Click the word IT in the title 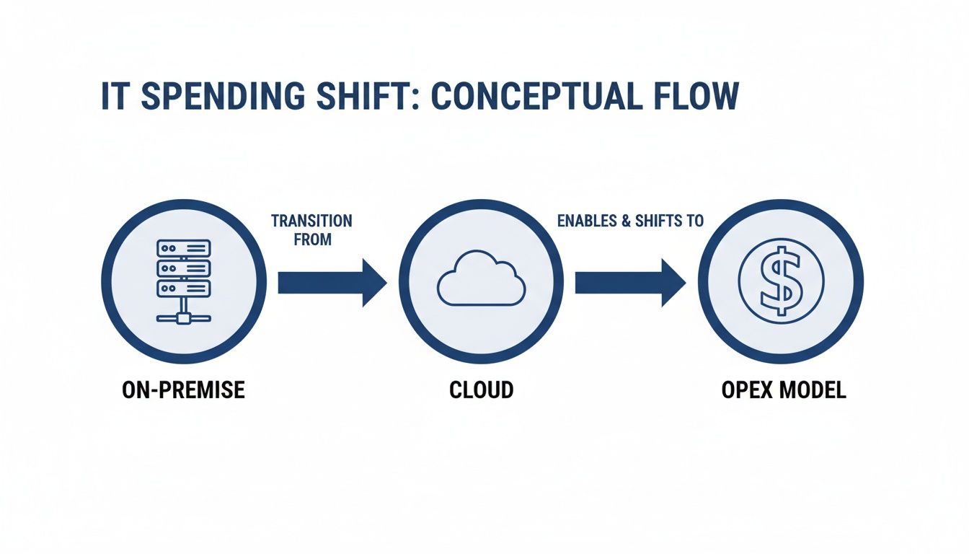[115, 97]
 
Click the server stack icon [183, 281]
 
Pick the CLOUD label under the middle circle [481, 390]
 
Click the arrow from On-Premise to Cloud [332, 282]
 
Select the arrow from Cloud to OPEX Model [629, 282]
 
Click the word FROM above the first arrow [313, 239]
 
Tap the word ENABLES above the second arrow [587, 221]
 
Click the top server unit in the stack [183, 248]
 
